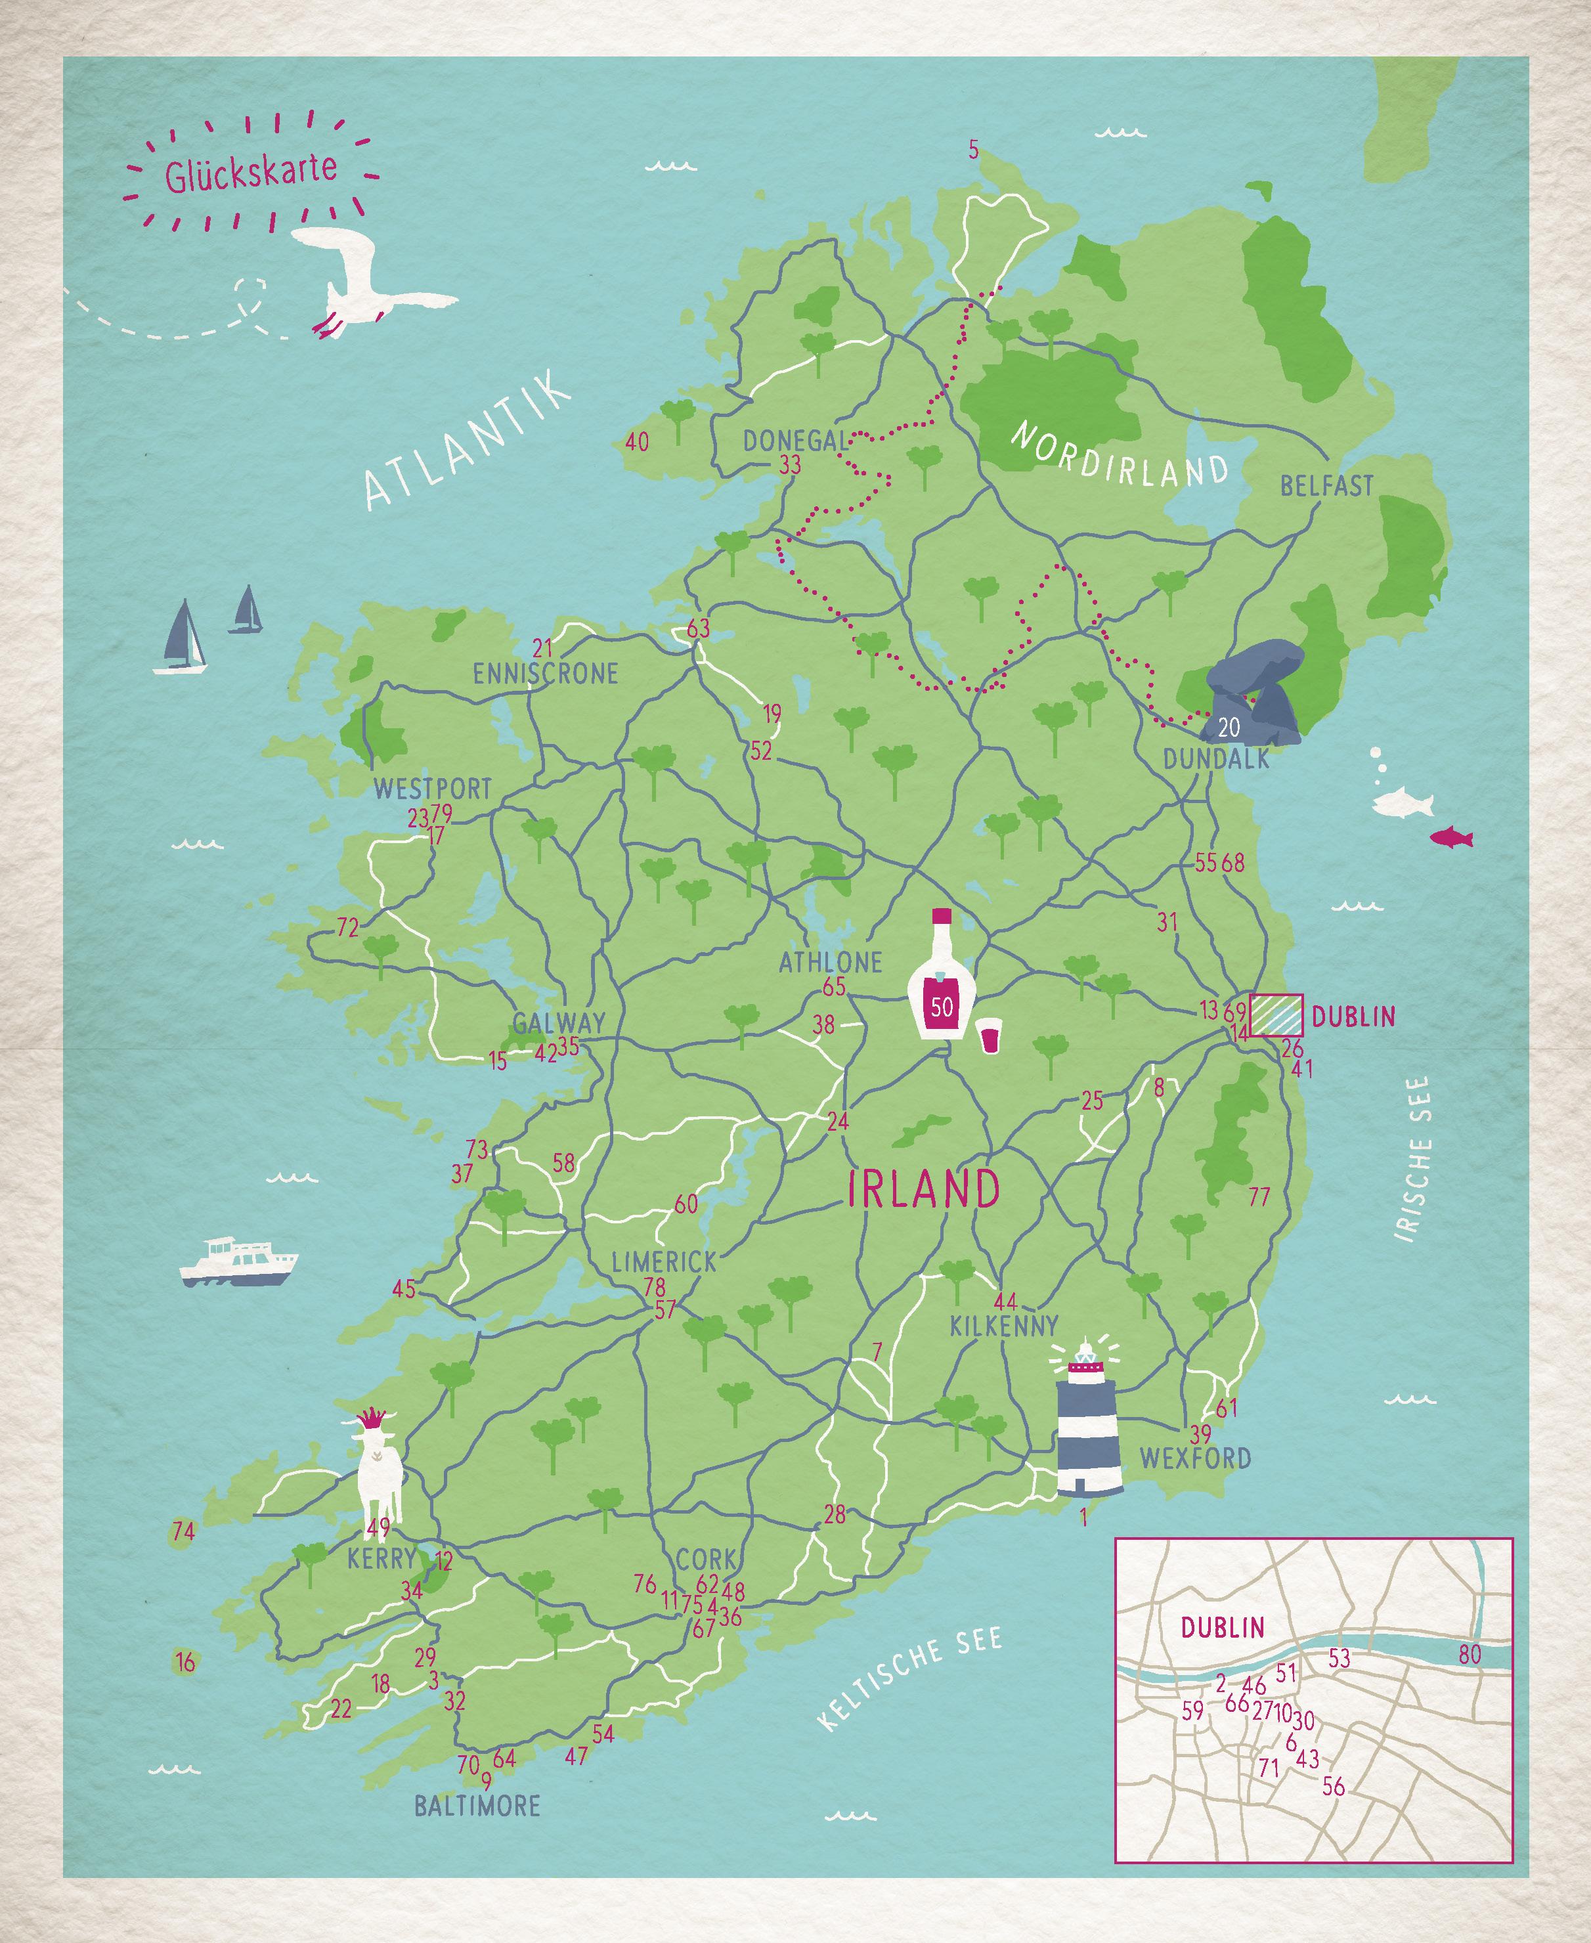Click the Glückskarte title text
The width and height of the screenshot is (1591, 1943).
(250, 171)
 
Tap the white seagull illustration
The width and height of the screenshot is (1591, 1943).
(366, 284)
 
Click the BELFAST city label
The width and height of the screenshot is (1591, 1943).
(1326, 486)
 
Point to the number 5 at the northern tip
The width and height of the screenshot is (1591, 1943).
(973, 150)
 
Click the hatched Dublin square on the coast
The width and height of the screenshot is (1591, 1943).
(1276, 1015)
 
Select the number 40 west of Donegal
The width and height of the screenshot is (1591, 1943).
(637, 443)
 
